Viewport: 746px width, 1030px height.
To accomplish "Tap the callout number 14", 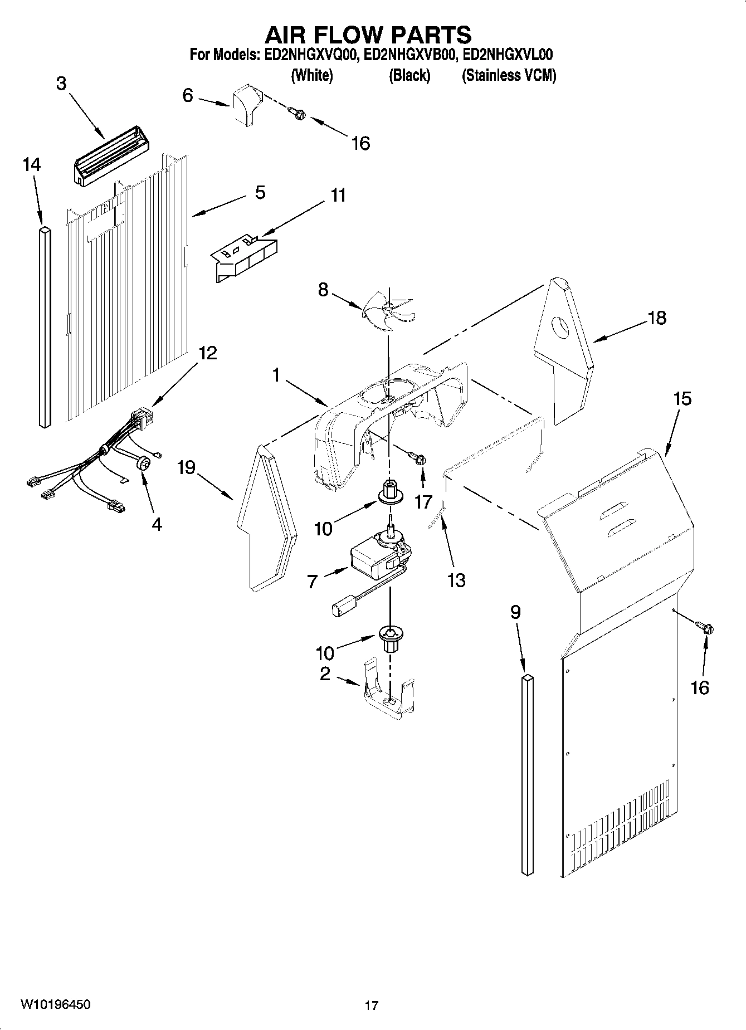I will (32, 165).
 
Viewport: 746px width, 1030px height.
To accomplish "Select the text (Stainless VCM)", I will (509, 76).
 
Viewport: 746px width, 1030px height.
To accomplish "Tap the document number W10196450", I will (56, 1004).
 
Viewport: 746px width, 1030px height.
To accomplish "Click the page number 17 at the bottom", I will (372, 1005).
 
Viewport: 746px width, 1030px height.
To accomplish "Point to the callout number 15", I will (682, 399).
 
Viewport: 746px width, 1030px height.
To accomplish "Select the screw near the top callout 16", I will (298, 113).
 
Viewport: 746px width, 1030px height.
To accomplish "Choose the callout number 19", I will (187, 467).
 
